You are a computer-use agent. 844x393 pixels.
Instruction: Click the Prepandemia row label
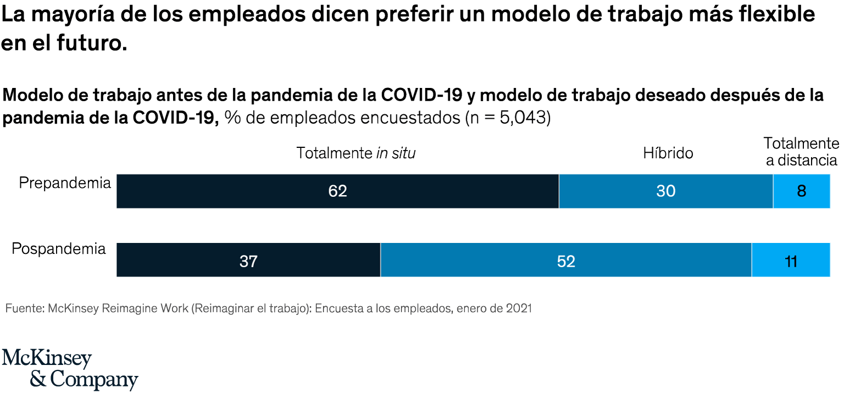pos(65,184)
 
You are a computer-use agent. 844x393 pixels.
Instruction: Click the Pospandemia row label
pos(59,249)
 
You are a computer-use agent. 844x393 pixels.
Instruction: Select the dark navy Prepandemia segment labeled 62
pos(337,191)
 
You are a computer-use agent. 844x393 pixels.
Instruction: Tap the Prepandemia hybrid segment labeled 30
pos(666,191)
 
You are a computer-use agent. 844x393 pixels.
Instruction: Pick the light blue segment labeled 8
pos(802,191)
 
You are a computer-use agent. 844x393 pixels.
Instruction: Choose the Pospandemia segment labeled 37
pos(248,260)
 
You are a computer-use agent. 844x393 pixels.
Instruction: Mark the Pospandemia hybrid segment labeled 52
pos(566,260)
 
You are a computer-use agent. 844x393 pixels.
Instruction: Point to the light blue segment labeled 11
pos(791,260)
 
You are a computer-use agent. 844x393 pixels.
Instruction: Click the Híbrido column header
pos(668,153)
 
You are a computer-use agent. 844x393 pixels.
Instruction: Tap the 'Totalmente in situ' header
pos(356,153)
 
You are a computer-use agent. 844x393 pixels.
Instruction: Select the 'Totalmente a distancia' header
pos(802,152)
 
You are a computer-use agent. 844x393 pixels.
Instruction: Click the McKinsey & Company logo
pos(70,369)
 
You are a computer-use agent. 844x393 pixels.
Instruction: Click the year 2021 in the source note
pos(519,308)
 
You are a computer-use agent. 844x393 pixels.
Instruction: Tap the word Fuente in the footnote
pos(25,308)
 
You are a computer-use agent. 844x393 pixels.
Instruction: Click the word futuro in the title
pos(92,42)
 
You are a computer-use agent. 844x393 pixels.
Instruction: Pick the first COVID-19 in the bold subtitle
pos(421,95)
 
